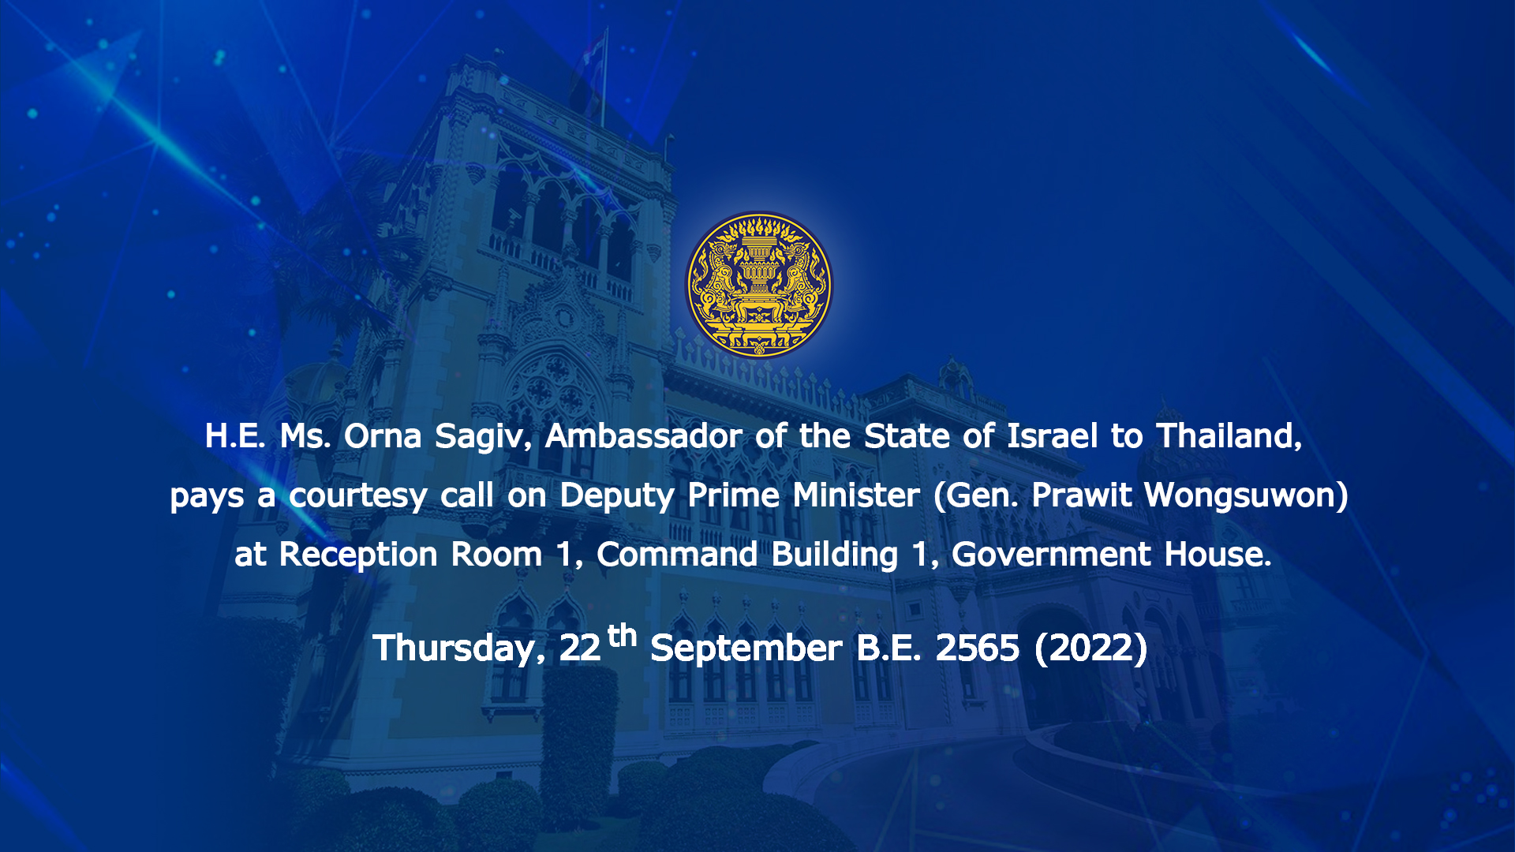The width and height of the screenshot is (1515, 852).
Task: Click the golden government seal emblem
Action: click(x=757, y=285)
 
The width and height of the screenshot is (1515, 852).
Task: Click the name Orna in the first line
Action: click(x=383, y=436)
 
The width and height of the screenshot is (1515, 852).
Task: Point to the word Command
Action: click(x=677, y=555)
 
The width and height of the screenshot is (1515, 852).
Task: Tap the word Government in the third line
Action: click(x=1052, y=555)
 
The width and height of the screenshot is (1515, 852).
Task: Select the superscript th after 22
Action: click(x=622, y=634)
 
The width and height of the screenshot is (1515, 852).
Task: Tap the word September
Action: click(x=746, y=649)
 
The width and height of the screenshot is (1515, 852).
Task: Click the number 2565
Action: click(x=978, y=648)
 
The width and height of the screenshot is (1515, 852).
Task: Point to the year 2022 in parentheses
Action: click(x=1091, y=648)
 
